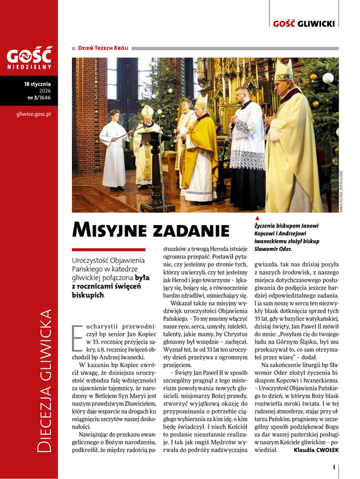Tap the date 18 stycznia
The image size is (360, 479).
pos(38,84)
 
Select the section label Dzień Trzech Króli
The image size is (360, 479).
pos(100,47)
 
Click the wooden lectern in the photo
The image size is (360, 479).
pos(157,168)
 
